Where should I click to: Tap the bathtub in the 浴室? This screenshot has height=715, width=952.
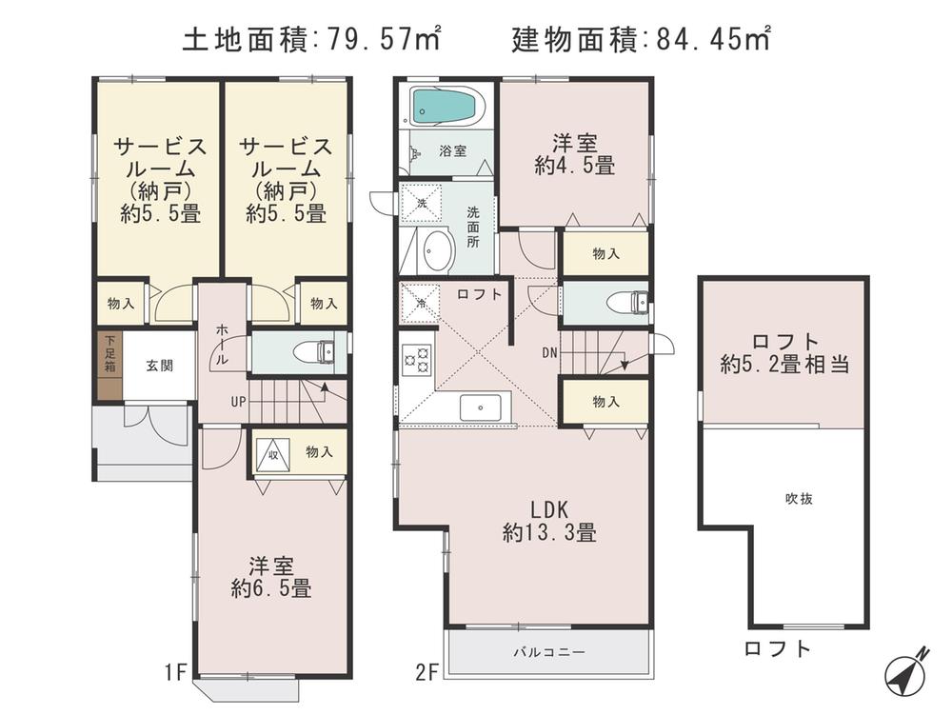(444, 107)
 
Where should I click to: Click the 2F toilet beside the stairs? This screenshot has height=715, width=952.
(628, 302)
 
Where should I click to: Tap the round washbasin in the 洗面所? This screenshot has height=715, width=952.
(437, 251)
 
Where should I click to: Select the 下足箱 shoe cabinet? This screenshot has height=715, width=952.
(110, 365)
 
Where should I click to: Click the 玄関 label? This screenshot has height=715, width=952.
(159, 366)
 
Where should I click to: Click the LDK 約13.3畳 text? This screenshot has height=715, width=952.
(549, 520)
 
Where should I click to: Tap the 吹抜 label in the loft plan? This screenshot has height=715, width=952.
(799, 499)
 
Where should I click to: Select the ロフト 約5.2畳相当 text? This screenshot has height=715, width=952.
(784, 352)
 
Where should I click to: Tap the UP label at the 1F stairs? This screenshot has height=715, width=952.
(238, 401)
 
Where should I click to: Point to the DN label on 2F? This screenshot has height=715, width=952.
(549, 352)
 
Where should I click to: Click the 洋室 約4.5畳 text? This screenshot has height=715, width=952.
(574, 154)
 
